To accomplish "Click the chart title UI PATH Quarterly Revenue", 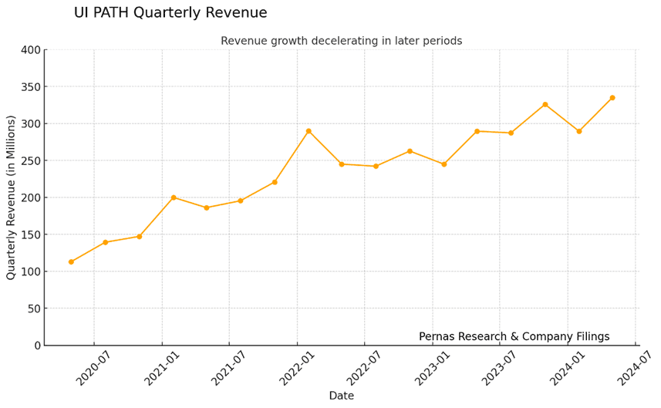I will pos(170,13).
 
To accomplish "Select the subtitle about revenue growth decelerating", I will pos(341,41).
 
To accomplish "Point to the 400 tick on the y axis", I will pos(31,50).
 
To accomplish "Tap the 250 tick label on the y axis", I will pos(31,161).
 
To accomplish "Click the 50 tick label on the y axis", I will pos(34,309).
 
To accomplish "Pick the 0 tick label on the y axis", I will pos(37,346).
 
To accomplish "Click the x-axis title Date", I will pos(341,396).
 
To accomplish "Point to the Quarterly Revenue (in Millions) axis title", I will pos(12,197).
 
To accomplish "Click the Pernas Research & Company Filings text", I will pos(514,336).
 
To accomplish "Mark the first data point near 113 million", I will pos(71,262).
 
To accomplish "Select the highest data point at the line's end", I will pos(612,98).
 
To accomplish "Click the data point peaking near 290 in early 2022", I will pos(309,131).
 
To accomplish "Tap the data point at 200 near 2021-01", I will pos(174,197).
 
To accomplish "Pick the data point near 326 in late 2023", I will pos(545,104).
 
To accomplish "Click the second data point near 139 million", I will pos(105,242).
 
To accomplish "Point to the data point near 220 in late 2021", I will pos(275,182).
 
